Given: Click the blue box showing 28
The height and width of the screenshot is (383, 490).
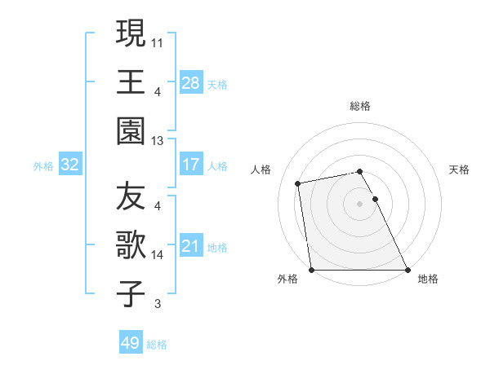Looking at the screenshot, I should click(190, 82).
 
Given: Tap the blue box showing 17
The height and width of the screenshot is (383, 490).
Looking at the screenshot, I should click(190, 165).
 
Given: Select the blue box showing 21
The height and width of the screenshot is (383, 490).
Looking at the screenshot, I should click(190, 246).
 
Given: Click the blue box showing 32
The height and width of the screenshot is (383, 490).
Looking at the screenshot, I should click(69, 165).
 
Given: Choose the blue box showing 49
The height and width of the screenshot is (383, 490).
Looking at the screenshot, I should click(130, 343).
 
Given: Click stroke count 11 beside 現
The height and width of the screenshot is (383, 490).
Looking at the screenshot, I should click(158, 41).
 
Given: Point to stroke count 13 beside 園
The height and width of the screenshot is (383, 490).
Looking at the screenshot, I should click(158, 141).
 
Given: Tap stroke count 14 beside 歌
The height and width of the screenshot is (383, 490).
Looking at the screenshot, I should click(158, 255).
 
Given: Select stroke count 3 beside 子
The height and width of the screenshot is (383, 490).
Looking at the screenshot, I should click(157, 305).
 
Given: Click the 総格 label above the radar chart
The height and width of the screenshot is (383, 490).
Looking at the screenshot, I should click(360, 106).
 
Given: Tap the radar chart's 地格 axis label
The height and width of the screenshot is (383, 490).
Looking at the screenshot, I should click(427, 279).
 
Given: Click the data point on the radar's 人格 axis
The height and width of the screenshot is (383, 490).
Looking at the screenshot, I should click(299, 183).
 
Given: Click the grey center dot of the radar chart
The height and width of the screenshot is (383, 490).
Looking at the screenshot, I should click(360, 204).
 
